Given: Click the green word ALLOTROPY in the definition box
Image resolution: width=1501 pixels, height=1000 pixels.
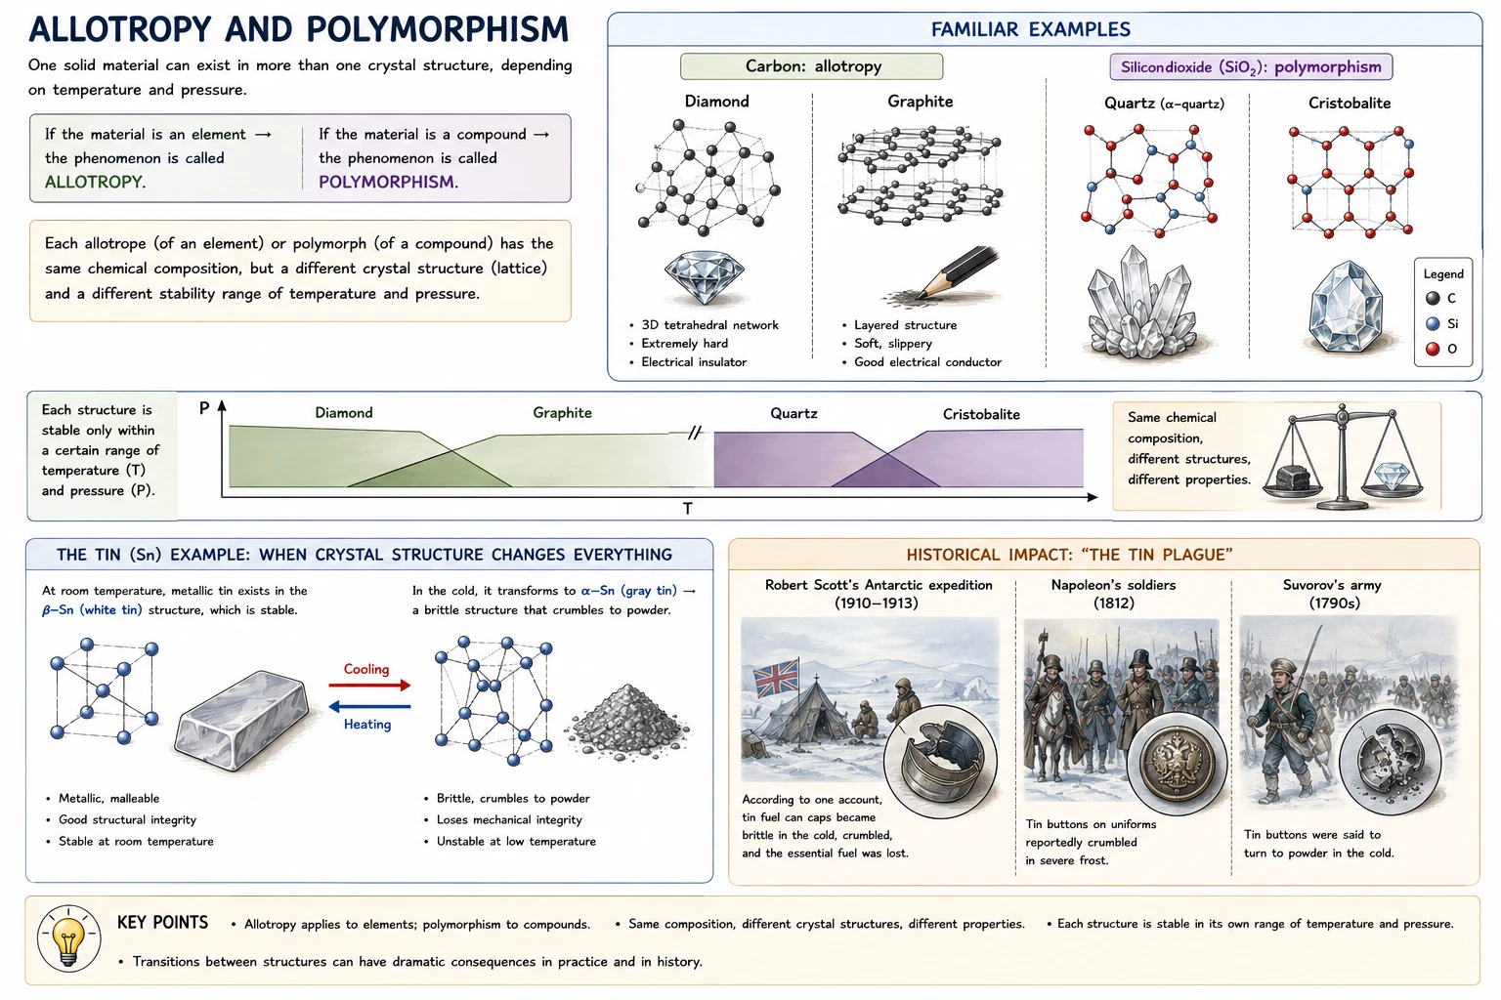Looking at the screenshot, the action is (x=94, y=183).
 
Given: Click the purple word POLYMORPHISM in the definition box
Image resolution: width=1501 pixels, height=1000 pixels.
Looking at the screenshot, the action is (x=387, y=183).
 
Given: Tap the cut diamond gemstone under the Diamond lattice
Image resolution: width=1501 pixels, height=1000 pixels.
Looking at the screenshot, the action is (x=705, y=277).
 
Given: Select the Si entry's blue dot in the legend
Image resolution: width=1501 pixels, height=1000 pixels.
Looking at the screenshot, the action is (x=1433, y=324).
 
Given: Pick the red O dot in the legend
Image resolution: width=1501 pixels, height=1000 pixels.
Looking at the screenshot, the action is (x=1433, y=349).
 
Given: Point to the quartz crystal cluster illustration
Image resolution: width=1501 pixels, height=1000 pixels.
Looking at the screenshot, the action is (x=1138, y=303).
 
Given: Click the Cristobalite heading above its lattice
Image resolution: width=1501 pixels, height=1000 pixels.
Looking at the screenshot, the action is (x=1350, y=104).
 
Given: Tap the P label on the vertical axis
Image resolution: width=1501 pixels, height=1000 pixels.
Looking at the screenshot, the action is (x=204, y=408).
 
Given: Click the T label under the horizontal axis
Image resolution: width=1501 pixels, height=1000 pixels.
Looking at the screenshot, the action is (x=688, y=509).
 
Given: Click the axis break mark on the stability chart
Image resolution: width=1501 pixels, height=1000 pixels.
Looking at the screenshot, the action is (x=695, y=433).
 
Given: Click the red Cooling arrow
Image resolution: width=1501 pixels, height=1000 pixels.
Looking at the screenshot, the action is (x=369, y=686).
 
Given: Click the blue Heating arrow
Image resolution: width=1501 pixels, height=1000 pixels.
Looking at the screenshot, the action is (x=369, y=707).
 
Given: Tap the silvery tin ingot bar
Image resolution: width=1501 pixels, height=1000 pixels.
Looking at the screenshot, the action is (x=242, y=720).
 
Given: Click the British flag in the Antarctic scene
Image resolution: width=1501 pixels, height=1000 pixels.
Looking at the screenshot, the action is (x=777, y=678).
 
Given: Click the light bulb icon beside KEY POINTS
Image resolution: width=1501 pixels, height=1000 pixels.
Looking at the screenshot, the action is (x=69, y=939).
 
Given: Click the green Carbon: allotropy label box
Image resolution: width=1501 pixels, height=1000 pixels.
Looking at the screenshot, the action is (x=811, y=66).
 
